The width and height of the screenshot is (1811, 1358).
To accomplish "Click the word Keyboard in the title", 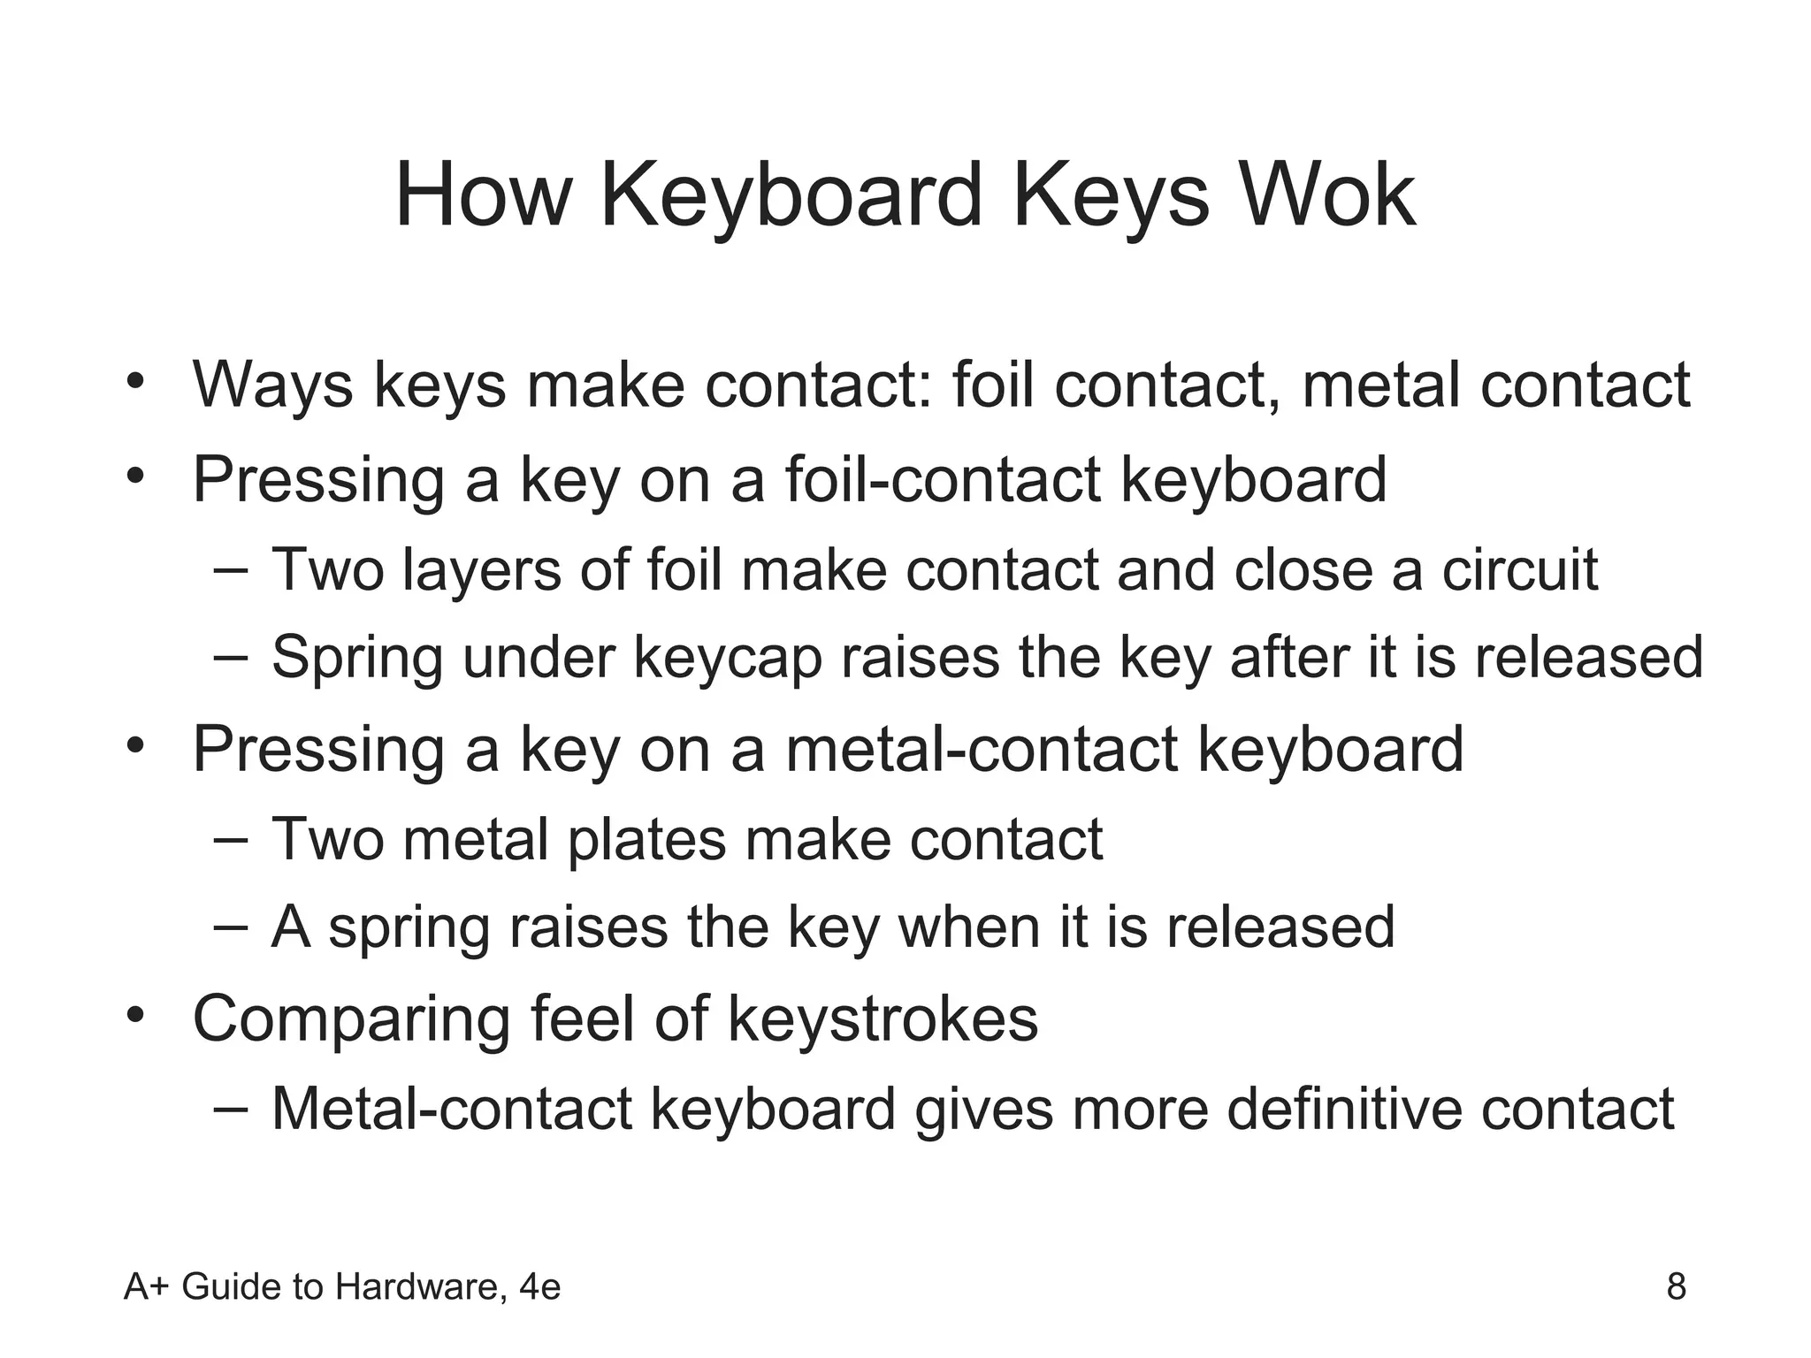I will pos(791,195).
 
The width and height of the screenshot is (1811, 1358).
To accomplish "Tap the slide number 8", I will pos(1676,1286).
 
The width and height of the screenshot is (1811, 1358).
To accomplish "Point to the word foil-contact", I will pos(943,479).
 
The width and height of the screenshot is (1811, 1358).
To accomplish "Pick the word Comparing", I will pos(351,1019).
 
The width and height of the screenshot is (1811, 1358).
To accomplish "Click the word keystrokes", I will pos(883,1019).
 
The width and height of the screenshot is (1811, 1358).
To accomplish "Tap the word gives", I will pos(983,1109).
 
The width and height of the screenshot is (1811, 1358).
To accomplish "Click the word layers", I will pos(482,569).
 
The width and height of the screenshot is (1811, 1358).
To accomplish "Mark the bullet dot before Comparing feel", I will pos(134,1015).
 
